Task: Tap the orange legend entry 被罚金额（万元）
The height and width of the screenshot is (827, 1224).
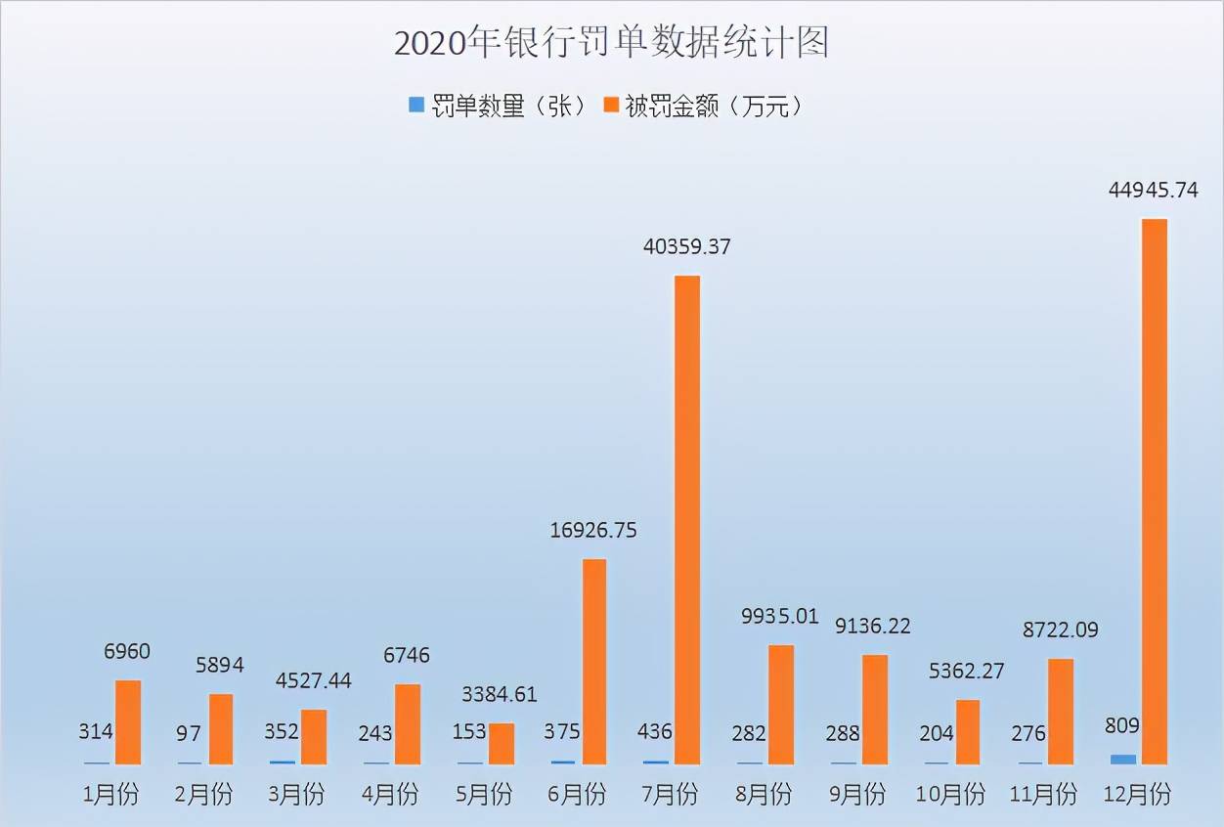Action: point(705,107)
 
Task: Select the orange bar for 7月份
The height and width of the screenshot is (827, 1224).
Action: point(687,519)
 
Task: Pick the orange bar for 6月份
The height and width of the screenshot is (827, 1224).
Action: point(594,661)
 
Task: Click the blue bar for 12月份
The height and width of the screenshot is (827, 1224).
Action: point(1123,759)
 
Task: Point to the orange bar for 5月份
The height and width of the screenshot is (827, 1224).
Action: point(502,743)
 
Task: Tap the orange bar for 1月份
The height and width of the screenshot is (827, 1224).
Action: point(128,721)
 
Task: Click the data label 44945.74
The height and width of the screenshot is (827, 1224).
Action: point(1154,190)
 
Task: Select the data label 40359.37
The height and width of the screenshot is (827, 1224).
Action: point(687,247)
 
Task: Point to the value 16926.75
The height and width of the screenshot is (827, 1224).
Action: point(593,530)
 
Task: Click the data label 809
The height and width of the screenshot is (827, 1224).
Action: point(1122,726)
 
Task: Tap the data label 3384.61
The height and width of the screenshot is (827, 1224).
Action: point(501,694)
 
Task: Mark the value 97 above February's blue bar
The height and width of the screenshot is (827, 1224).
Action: point(190,733)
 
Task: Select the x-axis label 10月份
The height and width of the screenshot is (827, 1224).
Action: point(948,794)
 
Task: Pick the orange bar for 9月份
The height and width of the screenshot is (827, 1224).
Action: point(874,709)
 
